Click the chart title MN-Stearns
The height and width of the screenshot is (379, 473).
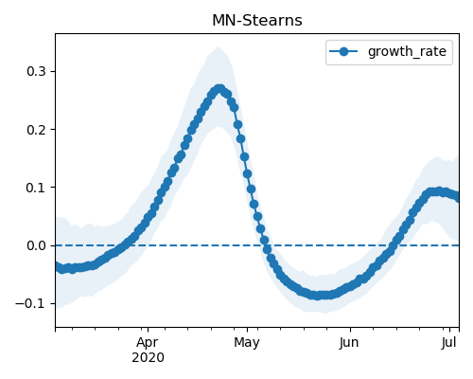[257, 21]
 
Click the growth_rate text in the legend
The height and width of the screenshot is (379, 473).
[407, 51]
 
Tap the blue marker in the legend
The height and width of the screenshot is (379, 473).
[343, 51]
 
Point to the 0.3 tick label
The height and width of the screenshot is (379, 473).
[37, 72]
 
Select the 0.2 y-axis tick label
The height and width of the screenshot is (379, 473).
[37, 130]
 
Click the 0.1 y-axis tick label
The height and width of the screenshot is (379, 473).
[37, 188]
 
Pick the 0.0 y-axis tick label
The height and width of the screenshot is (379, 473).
[37, 245]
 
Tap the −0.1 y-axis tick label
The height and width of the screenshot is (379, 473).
[31, 303]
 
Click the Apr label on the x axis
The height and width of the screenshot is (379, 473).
[148, 343]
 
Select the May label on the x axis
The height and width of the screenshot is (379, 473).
[247, 343]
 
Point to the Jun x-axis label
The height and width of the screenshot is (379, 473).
[349, 343]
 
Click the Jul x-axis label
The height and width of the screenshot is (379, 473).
[448, 343]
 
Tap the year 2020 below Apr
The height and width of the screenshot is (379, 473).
[148, 358]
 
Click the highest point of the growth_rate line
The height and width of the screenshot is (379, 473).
[219, 89]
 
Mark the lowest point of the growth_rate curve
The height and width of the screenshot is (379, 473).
[318, 296]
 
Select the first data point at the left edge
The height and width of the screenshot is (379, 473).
[57, 266]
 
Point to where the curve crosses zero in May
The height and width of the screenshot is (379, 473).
[266, 245]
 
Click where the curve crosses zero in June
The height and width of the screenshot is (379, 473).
[394, 245]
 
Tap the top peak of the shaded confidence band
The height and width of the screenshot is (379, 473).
[219, 47]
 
